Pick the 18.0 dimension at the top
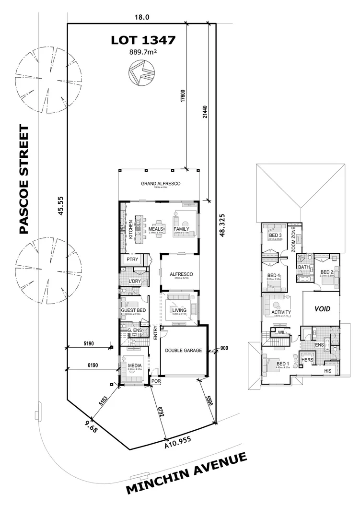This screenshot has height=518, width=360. (142, 17)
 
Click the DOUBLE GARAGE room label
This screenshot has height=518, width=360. (184, 350)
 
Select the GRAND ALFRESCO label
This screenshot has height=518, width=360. (160, 183)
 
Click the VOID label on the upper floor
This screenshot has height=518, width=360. (322, 309)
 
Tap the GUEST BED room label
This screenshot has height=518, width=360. (133, 310)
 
